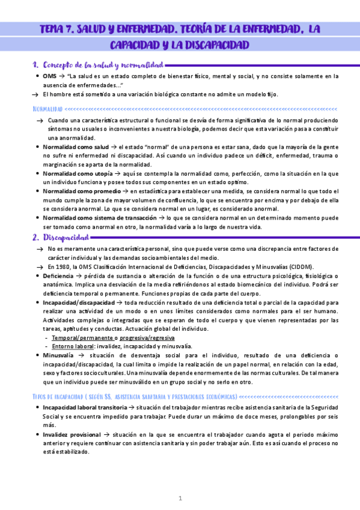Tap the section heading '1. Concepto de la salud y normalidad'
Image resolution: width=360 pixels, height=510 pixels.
pos(97,64)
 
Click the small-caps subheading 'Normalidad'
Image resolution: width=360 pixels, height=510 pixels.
pos(47,109)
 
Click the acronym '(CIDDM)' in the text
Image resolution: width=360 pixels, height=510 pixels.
pos(312,267)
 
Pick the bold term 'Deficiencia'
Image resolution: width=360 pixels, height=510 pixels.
pos(58,276)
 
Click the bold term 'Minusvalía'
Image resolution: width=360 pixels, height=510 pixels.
pos(59,355)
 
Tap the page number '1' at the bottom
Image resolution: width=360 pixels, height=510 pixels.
pos(180,499)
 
